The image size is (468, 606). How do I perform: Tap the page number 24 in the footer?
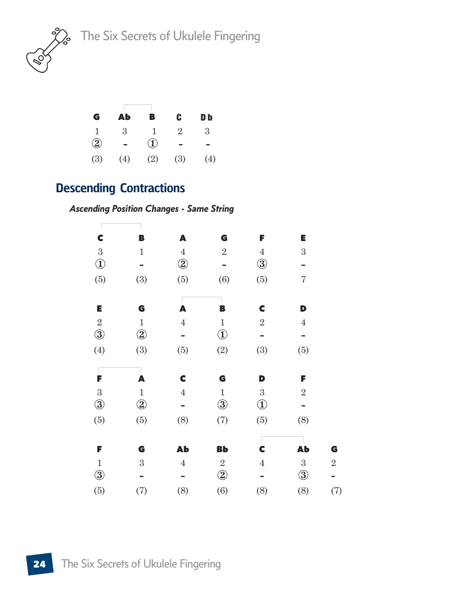(x=39, y=564)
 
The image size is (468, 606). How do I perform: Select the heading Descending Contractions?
(x=120, y=188)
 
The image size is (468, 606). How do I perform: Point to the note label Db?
(x=206, y=118)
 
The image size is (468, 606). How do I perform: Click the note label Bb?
(x=222, y=449)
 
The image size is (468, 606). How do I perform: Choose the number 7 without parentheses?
(x=303, y=280)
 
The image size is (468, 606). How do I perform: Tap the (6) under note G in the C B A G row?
(x=224, y=280)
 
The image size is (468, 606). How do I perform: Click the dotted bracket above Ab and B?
(x=138, y=105)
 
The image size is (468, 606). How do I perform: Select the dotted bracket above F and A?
(x=120, y=368)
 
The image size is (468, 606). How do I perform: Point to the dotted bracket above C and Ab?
(x=282, y=438)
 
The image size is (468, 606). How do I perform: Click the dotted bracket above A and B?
(x=202, y=297)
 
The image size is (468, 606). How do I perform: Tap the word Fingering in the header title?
(x=231, y=36)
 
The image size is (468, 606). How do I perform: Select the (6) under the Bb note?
(x=222, y=491)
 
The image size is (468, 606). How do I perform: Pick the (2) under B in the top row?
(x=153, y=159)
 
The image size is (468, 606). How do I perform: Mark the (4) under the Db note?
(x=210, y=159)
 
